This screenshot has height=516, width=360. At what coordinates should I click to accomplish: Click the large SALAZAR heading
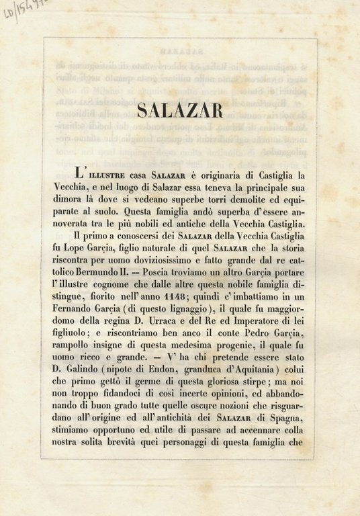[179, 110]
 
